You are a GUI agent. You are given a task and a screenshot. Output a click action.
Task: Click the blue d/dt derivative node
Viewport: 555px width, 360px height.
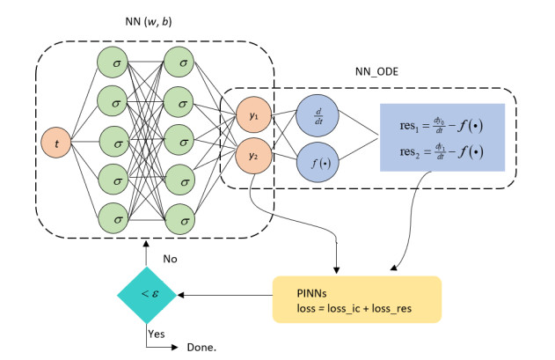314,115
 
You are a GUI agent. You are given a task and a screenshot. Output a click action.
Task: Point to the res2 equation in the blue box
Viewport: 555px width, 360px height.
441,151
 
